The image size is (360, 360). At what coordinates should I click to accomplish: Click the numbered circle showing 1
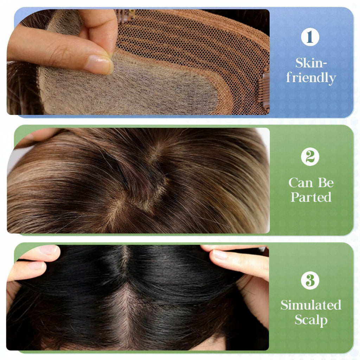[310, 37]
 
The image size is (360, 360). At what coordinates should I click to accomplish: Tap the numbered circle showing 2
[310, 157]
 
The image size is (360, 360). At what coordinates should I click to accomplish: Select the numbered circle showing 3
[310, 281]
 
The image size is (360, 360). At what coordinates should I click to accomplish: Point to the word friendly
[311, 77]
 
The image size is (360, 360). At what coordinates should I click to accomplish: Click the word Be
[325, 182]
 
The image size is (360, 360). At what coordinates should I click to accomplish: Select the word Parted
[311, 197]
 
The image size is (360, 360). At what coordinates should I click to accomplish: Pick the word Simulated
[311, 305]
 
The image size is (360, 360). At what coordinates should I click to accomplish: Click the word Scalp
[311, 320]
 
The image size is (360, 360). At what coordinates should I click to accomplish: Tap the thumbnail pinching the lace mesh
[98, 64]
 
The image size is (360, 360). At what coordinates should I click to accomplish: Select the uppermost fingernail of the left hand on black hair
[48, 250]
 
